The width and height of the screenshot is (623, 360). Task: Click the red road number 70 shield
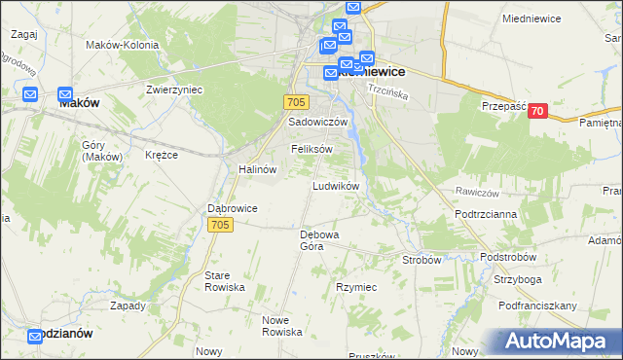(x=537, y=112)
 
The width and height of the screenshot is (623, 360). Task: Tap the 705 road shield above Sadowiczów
(x=298, y=102)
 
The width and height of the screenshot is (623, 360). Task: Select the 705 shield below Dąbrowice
(x=220, y=225)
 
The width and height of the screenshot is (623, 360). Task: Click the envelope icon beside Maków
(x=29, y=94)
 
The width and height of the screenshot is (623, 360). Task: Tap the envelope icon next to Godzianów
(x=35, y=337)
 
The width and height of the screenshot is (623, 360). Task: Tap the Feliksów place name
(x=311, y=149)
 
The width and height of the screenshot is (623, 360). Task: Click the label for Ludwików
(x=337, y=185)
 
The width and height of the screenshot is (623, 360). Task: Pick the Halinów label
(x=258, y=168)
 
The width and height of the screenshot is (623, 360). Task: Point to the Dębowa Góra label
(x=318, y=240)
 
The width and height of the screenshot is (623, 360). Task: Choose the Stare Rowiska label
(x=224, y=282)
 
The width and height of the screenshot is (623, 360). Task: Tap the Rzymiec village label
(x=356, y=288)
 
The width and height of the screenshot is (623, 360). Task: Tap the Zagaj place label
(x=24, y=33)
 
